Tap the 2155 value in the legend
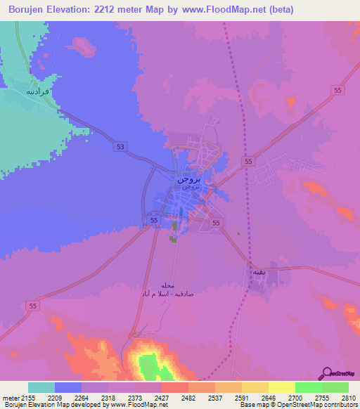pos(26,397)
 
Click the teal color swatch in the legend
pos(41,387)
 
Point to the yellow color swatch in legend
pos(282,387)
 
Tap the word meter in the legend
pos(9,397)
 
